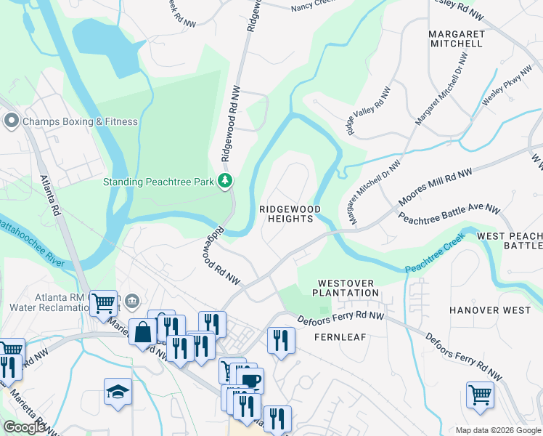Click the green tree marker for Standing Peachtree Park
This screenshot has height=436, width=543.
226,181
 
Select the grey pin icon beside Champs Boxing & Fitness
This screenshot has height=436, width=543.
11,121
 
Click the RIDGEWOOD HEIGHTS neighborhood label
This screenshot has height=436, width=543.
290,214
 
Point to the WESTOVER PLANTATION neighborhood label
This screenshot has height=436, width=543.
347,288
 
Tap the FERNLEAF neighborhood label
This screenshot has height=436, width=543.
339,337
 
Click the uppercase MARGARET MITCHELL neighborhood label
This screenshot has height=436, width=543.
456,39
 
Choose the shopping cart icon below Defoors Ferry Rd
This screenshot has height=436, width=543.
480,395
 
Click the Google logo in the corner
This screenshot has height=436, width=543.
24,427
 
